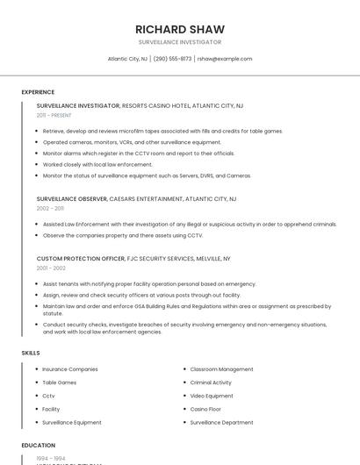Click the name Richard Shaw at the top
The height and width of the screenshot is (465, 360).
(x=180, y=29)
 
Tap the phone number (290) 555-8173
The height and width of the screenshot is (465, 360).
(x=172, y=59)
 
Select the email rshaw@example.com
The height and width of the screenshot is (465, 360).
(x=225, y=59)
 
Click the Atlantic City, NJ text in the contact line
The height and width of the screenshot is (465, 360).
(x=127, y=59)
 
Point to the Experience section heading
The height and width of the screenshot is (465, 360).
(x=38, y=92)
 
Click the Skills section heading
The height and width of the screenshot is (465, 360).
(x=31, y=353)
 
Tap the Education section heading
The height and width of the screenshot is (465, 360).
(x=38, y=446)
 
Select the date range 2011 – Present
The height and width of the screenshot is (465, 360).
(x=54, y=115)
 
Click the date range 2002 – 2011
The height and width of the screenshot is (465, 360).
(x=50, y=208)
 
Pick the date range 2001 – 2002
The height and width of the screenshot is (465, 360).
(x=51, y=268)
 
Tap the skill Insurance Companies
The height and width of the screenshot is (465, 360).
(x=70, y=369)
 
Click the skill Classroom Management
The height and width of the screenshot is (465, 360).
(x=221, y=369)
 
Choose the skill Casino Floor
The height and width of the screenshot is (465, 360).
(x=205, y=409)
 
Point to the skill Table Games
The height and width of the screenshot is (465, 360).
(x=60, y=383)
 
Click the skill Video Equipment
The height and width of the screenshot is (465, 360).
(x=212, y=396)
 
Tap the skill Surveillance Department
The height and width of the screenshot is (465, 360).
(x=221, y=422)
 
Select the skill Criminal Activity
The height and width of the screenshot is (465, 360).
(x=211, y=383)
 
